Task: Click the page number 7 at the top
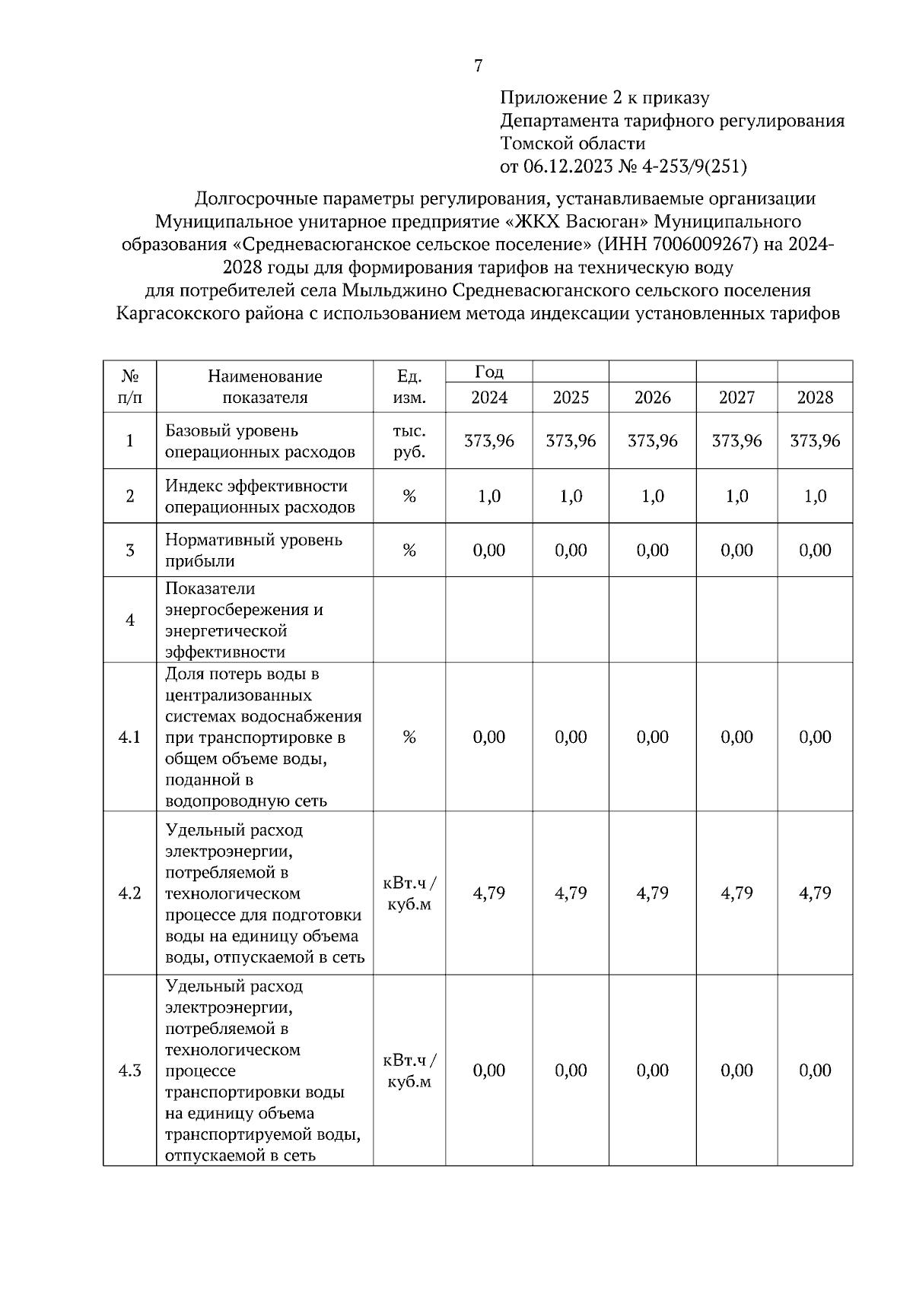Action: click(478, 66)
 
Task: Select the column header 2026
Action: click(652, 398)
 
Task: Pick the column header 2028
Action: click(814, 398)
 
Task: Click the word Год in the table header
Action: click(489, 372)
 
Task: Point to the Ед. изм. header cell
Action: click(409, 387)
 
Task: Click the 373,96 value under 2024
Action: click(489, 441)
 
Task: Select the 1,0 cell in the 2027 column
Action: click(736, 496)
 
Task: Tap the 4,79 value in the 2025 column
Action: click(571, 893)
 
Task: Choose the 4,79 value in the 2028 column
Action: click(814, 893)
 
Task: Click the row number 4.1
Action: click(130, 737)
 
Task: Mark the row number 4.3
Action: click(130, 1071)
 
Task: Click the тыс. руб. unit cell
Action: click(409, 442)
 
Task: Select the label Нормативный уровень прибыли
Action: click(254, 550)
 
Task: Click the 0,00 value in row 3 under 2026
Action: click(652, 550)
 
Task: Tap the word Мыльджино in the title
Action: click(393, 290)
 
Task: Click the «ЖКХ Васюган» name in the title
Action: click(577, 221)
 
